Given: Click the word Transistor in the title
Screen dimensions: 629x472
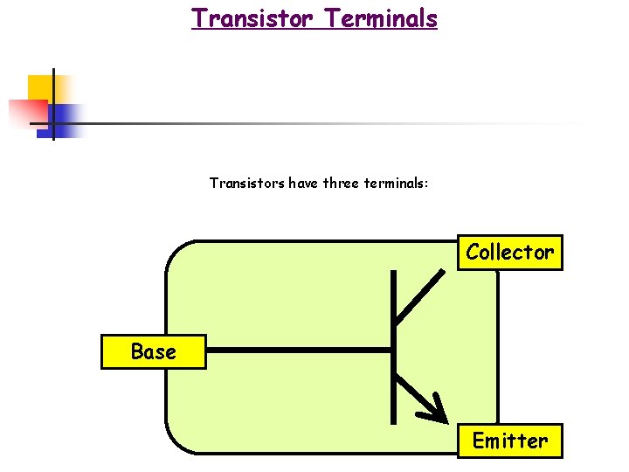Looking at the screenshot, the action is [251, 17].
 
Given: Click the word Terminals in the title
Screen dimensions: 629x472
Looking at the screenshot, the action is [382, 17].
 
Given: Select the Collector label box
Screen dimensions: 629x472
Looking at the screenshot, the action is [510, 253].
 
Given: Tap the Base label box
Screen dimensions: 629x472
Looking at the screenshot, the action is [154, 352].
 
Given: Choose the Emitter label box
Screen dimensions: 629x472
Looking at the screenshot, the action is [510, 441].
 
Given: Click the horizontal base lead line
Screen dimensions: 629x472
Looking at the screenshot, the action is [297, 351].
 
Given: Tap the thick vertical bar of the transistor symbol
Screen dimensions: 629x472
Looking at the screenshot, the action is [393, 350].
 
